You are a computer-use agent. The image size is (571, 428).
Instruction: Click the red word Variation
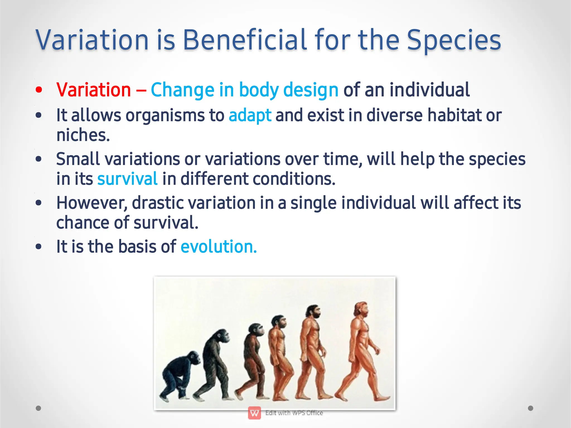coord(93,90)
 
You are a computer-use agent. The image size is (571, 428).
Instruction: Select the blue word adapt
coord(250,115)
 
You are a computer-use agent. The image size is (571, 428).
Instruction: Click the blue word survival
coord(127,179)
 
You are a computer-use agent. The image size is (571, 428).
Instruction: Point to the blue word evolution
coord(218,246)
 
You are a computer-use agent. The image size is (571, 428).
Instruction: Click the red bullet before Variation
coord(39,90)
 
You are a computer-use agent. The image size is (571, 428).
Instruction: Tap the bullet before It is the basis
coord(39,246)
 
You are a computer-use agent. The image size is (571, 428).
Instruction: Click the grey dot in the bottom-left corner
coord(38,408)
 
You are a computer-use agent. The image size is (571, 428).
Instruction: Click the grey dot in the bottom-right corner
coord(531,408)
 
